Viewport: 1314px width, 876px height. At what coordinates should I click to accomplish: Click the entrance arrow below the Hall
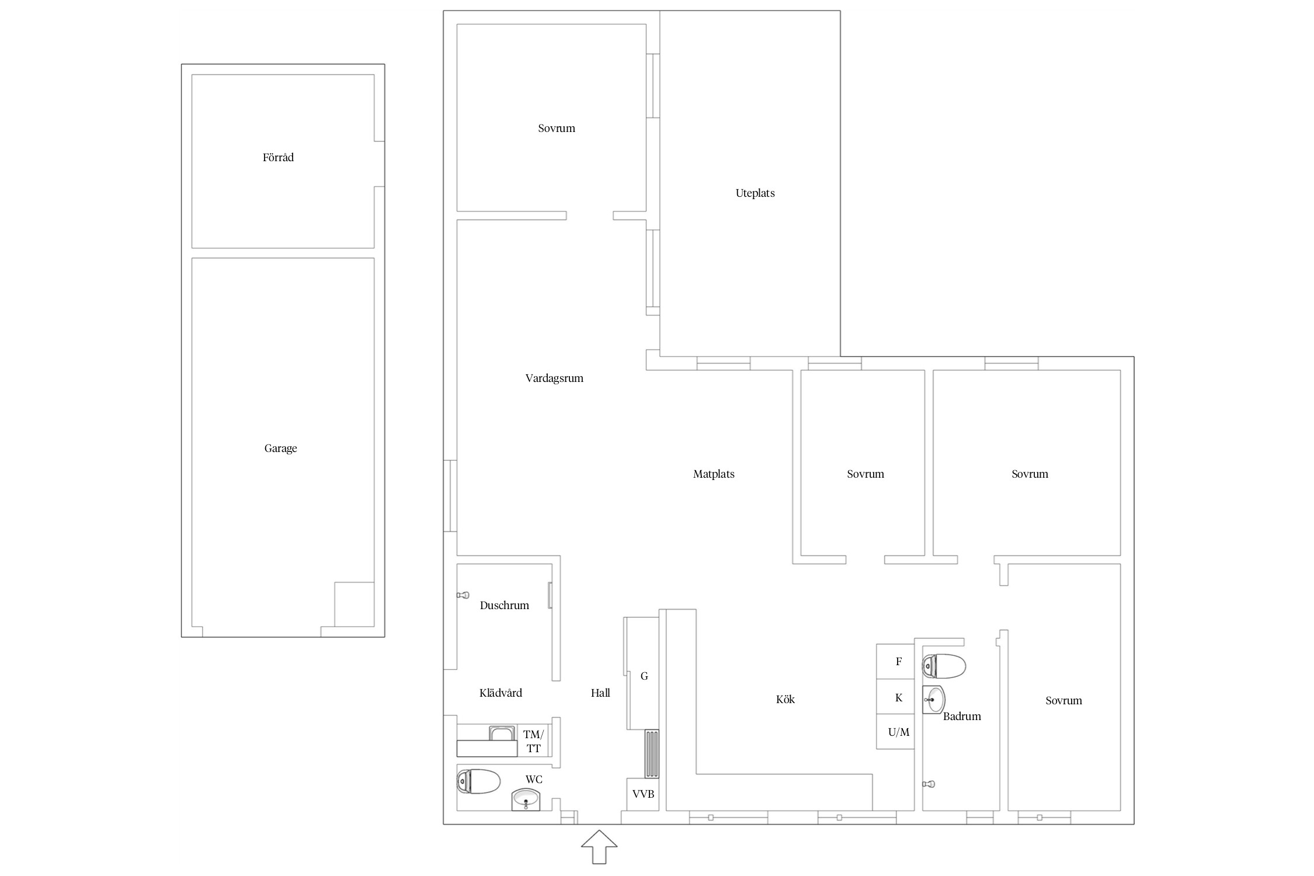[x=599, y=846]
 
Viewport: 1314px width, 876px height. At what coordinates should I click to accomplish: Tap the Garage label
[x=280, y=449]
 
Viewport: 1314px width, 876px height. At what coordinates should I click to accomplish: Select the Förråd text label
[x=278, y=157]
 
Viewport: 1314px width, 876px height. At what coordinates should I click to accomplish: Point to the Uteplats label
[x=755, y=193]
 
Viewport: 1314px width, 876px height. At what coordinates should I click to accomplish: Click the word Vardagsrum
[x=554, y=378]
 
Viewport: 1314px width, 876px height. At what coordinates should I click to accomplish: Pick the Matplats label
[x=714, y=474]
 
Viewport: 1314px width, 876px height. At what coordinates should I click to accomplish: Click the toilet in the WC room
[x=478, y=781]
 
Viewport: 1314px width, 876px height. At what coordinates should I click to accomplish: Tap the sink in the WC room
[x=526, y=799]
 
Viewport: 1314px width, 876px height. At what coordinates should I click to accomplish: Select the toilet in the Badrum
[x=944, y=666]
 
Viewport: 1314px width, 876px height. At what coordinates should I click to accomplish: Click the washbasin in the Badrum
[x=933, y=699]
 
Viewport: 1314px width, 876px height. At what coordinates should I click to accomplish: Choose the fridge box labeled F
[x=895, y=661]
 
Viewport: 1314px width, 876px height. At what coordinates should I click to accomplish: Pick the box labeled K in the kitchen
[x=895, y=697]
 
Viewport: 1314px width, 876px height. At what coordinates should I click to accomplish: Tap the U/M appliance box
[x=895, y=732]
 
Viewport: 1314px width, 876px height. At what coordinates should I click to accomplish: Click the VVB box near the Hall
[x=643, y=794]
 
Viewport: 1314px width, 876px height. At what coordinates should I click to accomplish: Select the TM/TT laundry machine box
[x=533, y=741]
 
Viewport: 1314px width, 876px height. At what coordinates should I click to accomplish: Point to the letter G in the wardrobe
[x=644, y=676]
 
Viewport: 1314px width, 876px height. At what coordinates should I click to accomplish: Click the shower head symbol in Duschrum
[x=463, y=595]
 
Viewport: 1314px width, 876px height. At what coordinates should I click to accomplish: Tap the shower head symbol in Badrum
[x=929, y=784]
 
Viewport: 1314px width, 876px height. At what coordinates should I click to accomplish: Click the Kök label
[x=785, y=700]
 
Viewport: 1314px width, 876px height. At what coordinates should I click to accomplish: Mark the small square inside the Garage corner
[x=354, y=604]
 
